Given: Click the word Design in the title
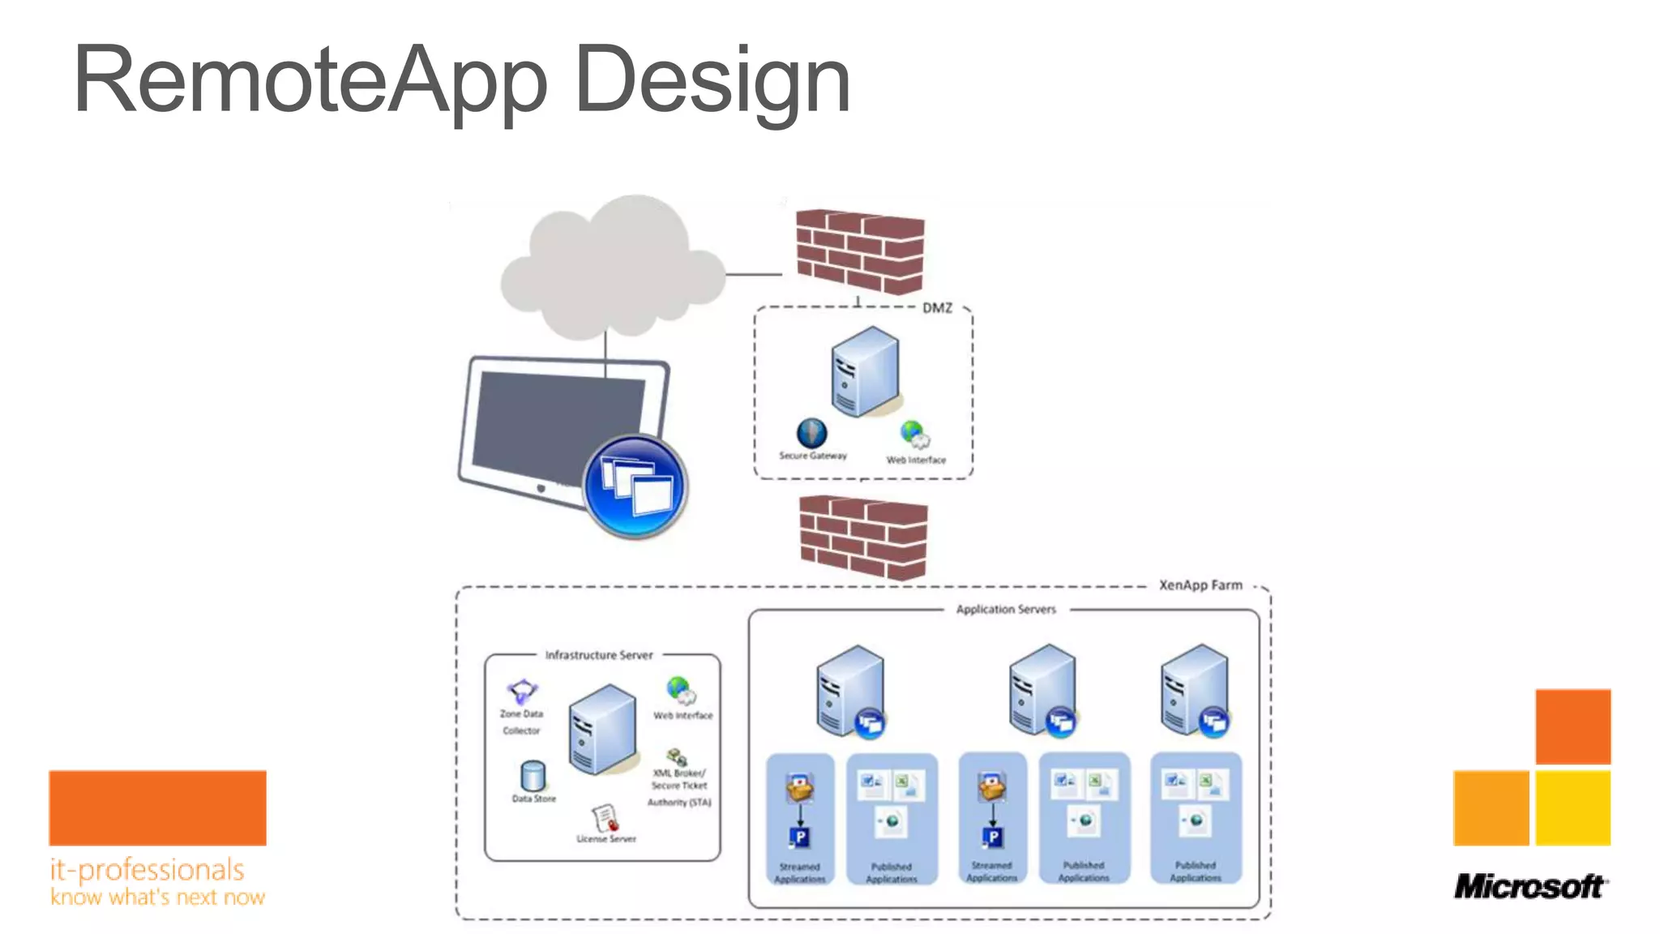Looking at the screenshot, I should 712,81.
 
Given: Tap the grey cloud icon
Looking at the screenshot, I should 613,268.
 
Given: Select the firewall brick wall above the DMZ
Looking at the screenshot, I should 860,251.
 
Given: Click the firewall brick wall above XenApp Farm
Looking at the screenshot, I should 863,537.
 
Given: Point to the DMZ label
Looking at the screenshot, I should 937,308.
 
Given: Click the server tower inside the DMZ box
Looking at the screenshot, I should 865,371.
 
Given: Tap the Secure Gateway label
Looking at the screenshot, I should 813,456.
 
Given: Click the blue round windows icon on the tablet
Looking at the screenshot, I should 635,486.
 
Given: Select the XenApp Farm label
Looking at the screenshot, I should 1200,585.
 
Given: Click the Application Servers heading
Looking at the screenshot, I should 1006,609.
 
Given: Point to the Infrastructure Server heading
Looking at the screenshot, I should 598,655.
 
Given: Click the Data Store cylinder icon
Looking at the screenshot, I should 533,776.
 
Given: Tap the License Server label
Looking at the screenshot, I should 606,839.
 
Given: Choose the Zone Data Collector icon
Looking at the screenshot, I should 522,692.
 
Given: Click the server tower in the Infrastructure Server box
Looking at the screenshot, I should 602,728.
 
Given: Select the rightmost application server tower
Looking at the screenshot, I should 1193,689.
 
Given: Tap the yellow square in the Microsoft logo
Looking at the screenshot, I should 1572,808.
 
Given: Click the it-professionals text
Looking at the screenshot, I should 147,870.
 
